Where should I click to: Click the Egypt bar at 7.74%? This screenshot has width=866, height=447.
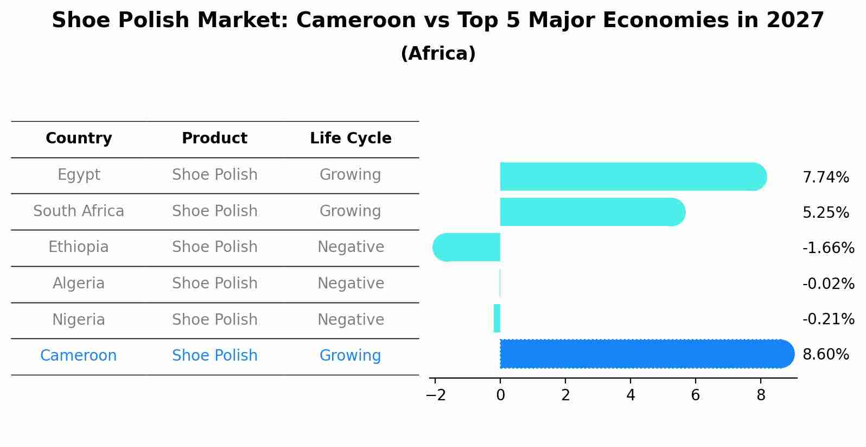click(632, 177)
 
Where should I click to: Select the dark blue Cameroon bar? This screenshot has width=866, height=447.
click(646, 354)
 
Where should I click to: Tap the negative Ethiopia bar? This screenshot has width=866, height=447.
click(467, 247)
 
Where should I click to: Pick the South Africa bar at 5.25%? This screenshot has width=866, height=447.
click(591, 212)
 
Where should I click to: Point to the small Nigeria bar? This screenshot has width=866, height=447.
click(497, 318)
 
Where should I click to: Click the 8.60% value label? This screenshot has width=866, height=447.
click(825, 355)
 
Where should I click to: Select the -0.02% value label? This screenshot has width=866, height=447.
click(828, 284)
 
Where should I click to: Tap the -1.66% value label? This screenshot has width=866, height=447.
click(828, 248)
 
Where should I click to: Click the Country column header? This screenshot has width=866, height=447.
click(79, 138)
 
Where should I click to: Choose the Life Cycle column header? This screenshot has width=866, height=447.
click(351, 138)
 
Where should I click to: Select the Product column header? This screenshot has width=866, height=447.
click(214, 138)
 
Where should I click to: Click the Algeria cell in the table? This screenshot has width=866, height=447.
click(79, 284)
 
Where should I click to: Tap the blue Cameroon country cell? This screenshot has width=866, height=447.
click(79, 356)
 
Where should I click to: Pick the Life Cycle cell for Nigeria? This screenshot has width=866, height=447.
click(351, 319)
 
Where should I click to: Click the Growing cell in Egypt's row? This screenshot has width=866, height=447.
click(351, 175)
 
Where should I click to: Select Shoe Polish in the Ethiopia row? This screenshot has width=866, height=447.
click(214, 247)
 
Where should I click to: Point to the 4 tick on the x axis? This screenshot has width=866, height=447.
click(631, 395)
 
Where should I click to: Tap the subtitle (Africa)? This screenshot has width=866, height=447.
click(438, 54)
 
